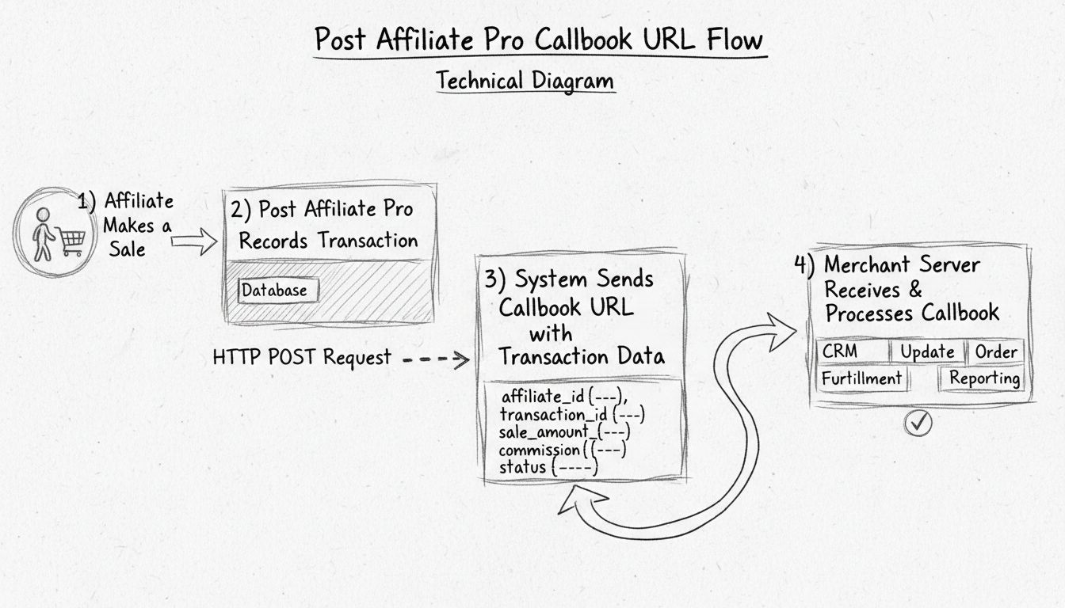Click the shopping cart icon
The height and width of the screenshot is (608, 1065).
69,240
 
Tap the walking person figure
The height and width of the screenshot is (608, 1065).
42,234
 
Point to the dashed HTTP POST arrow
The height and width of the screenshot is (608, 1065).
436,359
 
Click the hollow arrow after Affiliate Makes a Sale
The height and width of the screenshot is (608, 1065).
193,241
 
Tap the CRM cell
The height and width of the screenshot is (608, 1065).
840,351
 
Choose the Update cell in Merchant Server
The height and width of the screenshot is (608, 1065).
926,351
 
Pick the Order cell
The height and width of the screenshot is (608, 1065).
995,351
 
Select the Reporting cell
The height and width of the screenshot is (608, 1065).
984,378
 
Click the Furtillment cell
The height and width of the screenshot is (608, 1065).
861,378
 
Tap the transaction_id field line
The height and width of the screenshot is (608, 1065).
577,414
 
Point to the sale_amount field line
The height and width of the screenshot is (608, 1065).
564,432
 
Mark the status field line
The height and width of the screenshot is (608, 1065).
548,467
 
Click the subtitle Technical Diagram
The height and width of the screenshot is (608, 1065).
525,81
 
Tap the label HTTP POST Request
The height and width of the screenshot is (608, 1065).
302,358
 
